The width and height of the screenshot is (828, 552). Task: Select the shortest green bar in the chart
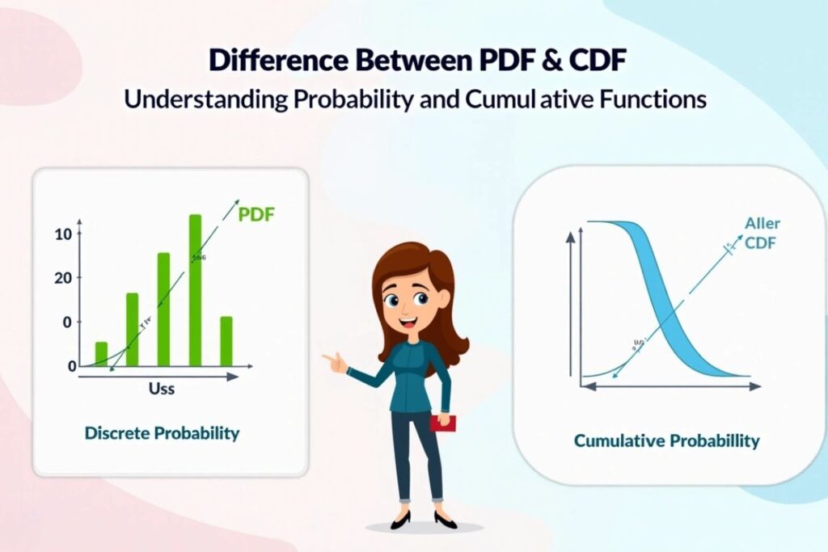pos(101,353)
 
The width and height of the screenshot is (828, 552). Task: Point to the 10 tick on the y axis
pos(64,234)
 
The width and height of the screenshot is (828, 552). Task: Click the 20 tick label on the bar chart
pos(64,278)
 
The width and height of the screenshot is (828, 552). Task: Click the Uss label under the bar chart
pos(162,389)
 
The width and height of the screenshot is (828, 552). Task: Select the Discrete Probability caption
pos(162,433)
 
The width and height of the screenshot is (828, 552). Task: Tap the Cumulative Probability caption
pos(666,440)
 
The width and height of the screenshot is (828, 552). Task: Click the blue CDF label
pos(760,242)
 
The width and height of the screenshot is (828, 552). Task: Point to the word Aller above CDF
pos(762,224)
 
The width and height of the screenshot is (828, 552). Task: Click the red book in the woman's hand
pos(442,423)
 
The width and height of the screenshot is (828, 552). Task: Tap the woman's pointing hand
pos(333,360)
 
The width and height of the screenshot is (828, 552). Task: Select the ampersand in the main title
pos(537,61)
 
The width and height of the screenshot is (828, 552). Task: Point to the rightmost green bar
pos(226,340)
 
